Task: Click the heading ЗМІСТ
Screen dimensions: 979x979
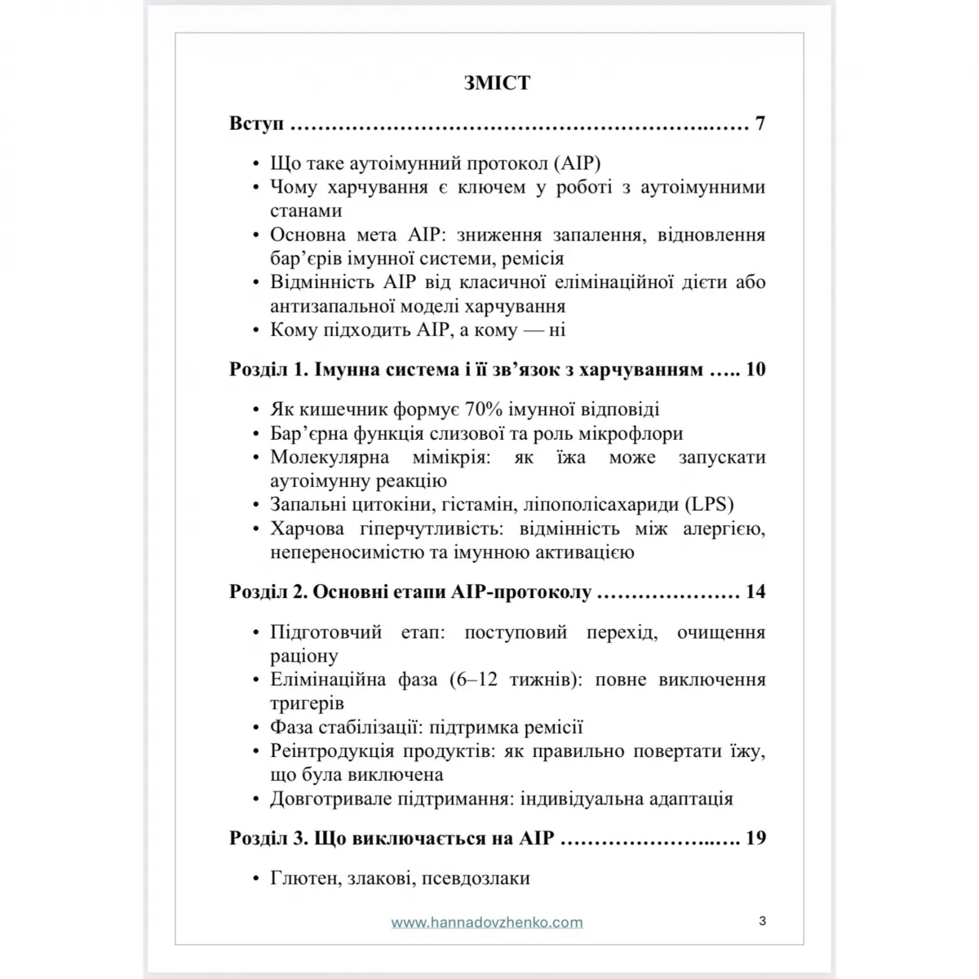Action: coord(497,82)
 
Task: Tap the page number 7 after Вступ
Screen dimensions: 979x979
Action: coord(760,124)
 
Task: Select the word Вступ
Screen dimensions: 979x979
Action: coord(256,124)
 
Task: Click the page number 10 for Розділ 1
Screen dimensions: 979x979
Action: coord(755,370)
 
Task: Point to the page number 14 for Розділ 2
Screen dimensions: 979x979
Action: coord(755,591)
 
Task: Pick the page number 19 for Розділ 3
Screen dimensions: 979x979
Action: coord(755,838)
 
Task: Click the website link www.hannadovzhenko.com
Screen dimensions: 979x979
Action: coord(487,923)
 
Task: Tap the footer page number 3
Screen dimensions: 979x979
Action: coord(762,921)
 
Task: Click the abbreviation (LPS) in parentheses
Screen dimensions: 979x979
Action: coord(710,505)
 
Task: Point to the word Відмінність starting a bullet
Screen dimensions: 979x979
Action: coord(322,282)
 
